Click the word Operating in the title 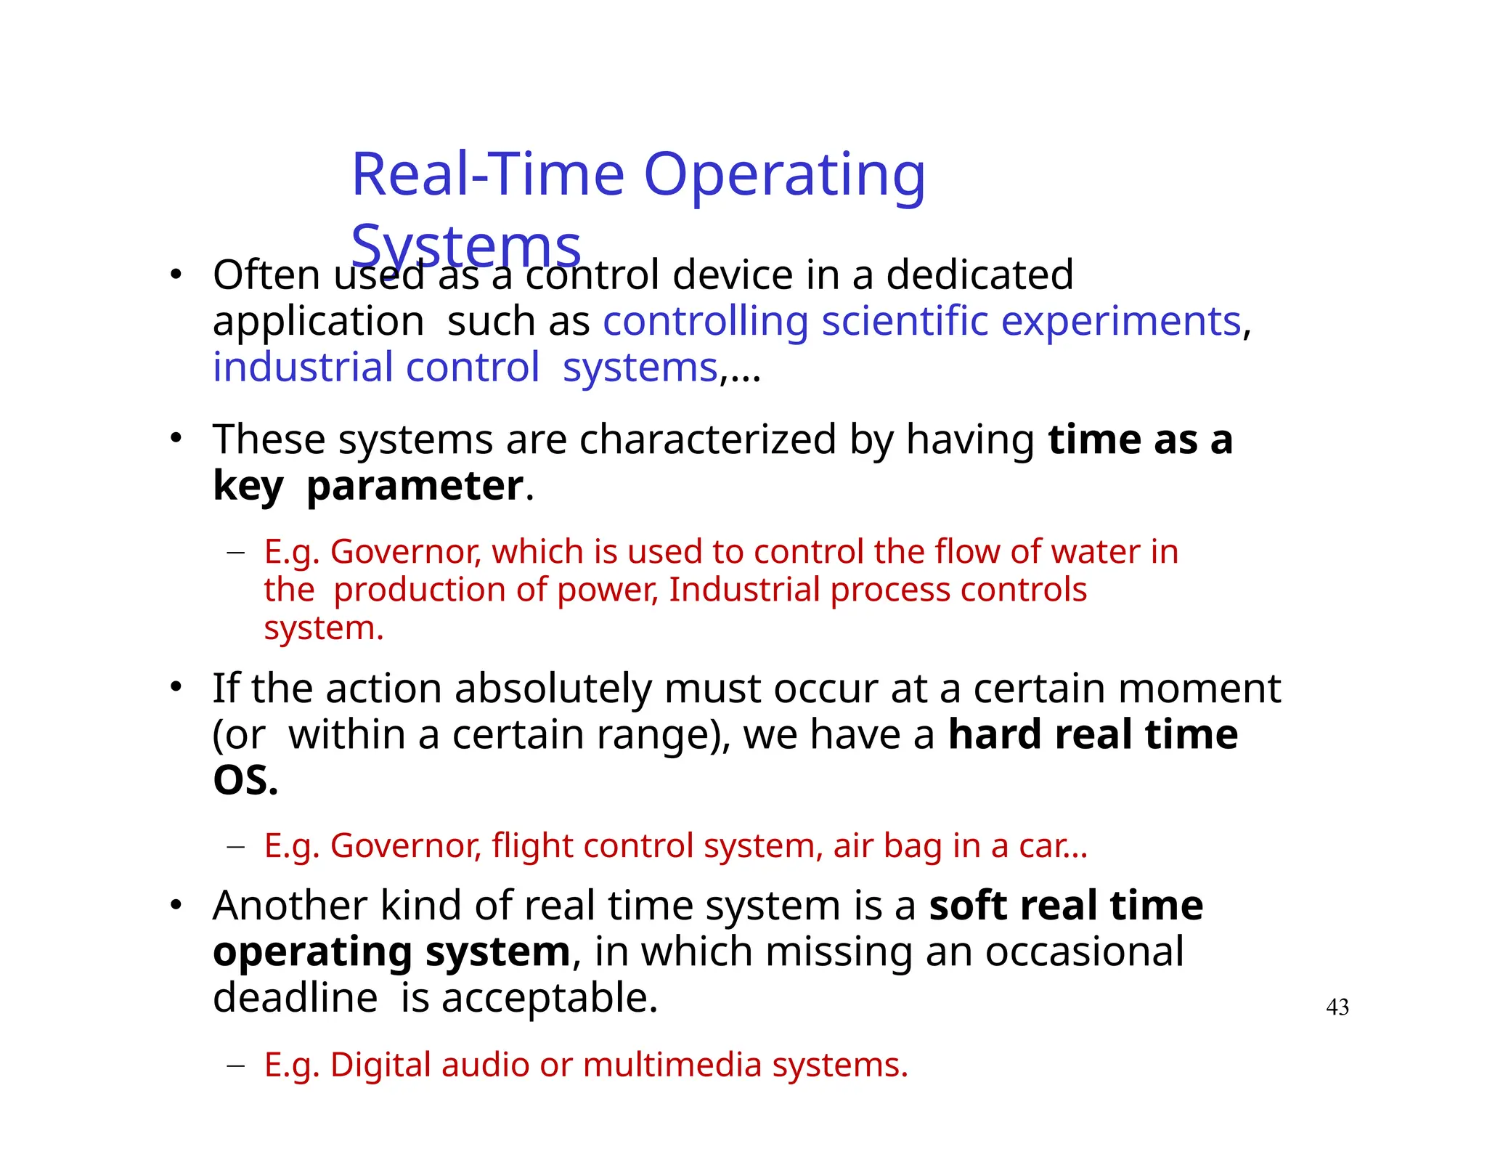[784, 176]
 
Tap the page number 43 [1337, 1007]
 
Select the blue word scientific [905, 321]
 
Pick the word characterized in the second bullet [708, 439]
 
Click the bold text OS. [245, 781]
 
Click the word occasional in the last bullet [1083, 951]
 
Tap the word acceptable [549, 998]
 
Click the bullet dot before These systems [175, 438]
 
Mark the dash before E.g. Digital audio [235, 1065]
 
